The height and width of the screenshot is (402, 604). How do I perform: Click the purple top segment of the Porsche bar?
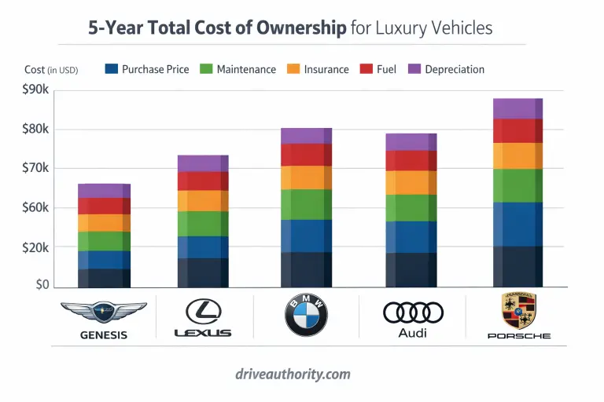tap(517, 108)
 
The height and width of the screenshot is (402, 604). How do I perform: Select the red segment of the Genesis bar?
tap(104, 206)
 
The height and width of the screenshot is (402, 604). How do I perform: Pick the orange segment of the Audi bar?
tap(411, 182)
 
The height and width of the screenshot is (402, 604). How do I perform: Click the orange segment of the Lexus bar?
tap(203, 201)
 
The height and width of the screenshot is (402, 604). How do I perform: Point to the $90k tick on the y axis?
tap(35, 90)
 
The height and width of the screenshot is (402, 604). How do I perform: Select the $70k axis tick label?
tap(35, 168)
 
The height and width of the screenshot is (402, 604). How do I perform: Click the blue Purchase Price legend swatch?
tap(111, 69)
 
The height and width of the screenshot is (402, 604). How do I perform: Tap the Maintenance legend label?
tap(245, 69)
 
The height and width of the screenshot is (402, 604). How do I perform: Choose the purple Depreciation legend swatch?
tap(414, 69)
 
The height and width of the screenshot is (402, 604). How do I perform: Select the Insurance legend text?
tap(326, 69)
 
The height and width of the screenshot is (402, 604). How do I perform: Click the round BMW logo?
tap(306, 316)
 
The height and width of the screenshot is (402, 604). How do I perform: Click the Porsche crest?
tap(518, 311)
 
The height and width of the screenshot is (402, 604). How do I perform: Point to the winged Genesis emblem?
tap(103, 311)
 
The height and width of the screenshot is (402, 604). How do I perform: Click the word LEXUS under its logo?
tap(203, 333)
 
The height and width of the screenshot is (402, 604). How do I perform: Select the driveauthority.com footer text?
tap(303, 374)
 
